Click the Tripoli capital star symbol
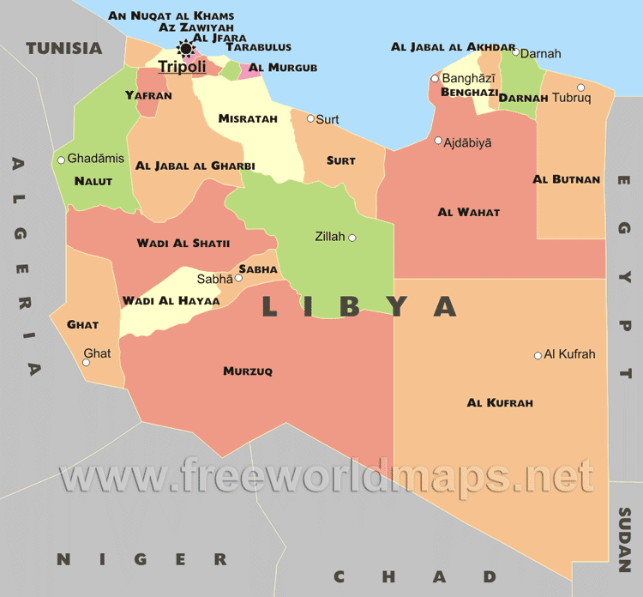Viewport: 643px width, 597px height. point(185,48)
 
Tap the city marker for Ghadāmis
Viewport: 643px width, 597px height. point(61,160)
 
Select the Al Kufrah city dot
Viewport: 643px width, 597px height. point(538,355)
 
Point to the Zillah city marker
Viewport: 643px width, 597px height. point(352,238)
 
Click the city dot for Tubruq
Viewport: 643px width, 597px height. point(580,87)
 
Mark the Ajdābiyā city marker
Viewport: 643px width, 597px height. point(438,141)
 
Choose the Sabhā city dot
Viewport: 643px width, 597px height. point(239,278)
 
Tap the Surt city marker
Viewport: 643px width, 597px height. point(310,118)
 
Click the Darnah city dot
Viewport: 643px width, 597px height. point(515,52)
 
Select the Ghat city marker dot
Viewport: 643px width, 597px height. point(86,363)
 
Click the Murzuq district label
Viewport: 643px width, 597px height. point(247,371)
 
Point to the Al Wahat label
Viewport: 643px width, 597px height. point(468,212)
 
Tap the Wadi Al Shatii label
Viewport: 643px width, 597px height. point(183,244)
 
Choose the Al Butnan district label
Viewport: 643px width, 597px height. point(566,179)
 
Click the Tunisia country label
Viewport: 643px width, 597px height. point(63,48)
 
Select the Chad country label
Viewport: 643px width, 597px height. point(415,576)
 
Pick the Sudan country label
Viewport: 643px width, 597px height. point(625,540)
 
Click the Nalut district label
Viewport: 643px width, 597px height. point(93,181)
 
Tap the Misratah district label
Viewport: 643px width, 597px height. point(248,118)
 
